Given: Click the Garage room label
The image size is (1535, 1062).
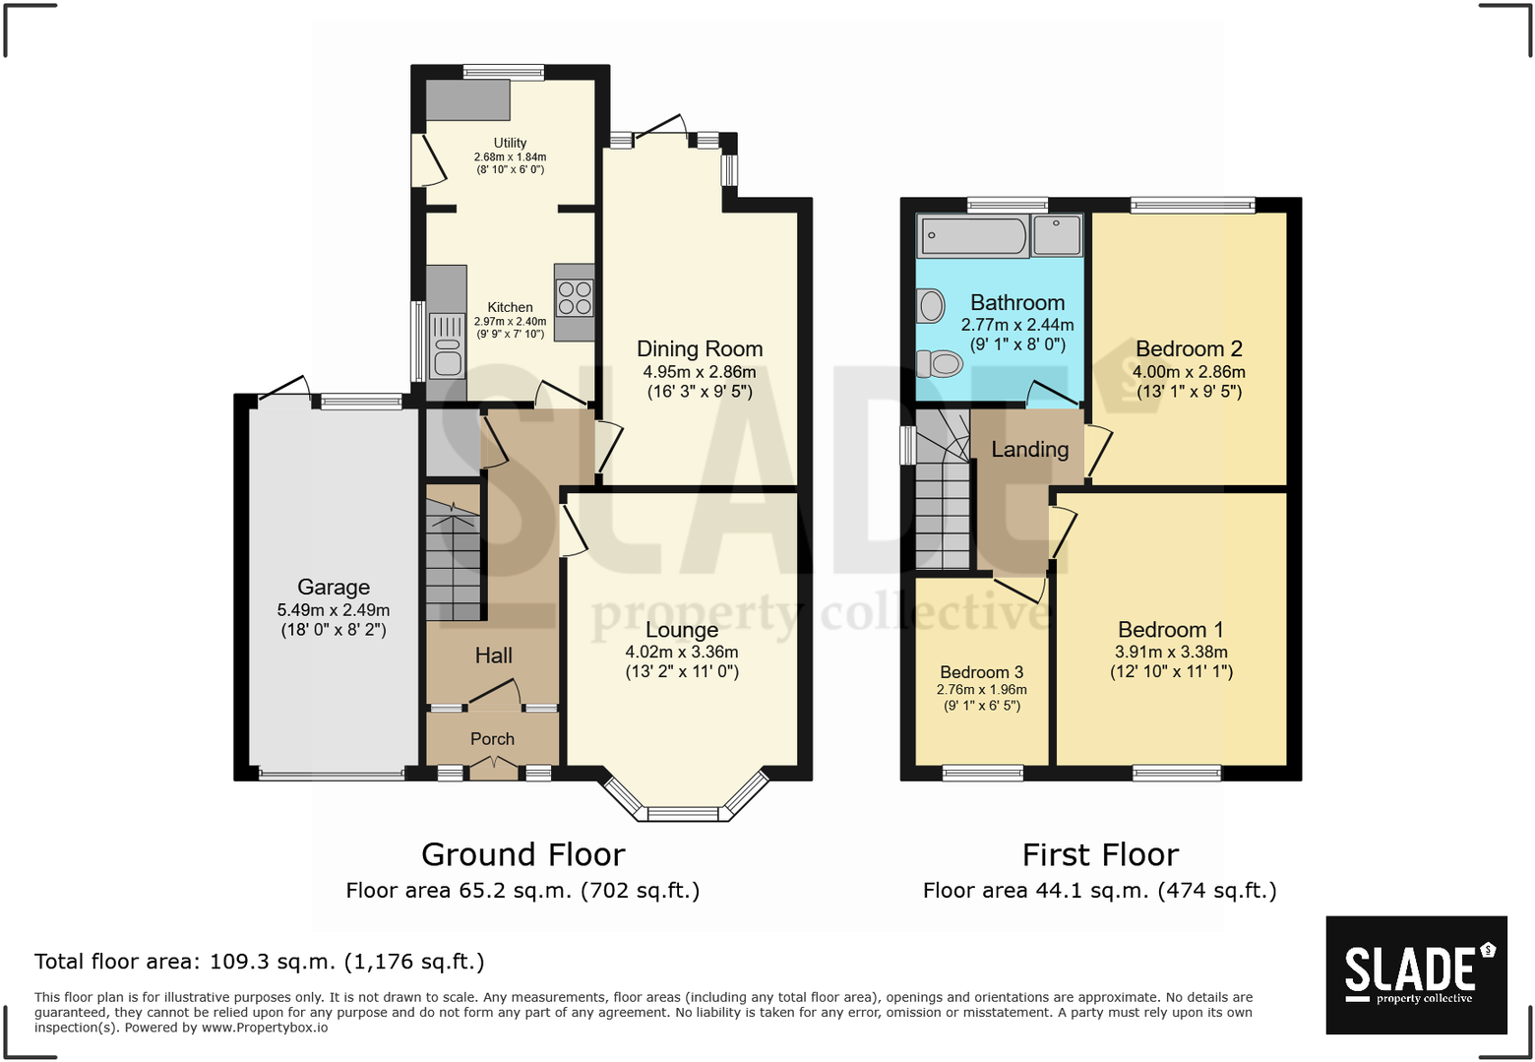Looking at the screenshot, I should coord(334,588).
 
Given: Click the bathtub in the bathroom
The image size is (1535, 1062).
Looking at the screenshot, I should coord(972,236).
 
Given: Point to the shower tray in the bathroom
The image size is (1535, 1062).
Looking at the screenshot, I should coord(1058,235).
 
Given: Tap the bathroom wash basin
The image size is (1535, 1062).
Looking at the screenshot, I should coord(930,306).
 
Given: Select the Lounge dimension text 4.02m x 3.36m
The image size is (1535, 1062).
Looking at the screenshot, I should coord(682,652).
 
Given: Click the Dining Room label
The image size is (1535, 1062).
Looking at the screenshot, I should coord(700,349).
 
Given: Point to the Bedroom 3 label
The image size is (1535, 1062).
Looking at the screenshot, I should coord(981,672).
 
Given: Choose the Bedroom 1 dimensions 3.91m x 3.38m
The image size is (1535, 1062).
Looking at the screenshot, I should coord(1171,652).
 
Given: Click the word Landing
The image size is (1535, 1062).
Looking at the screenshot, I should coord(1029,450).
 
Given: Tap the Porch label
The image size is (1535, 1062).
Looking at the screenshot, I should coord(492,739).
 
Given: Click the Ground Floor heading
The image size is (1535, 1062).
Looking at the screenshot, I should coord(522,854).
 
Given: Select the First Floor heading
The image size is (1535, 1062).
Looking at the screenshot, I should coord(1099,854).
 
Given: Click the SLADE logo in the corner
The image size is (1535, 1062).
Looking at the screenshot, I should coord(1416,974).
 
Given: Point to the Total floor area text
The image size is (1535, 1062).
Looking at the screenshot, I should coord(260,962).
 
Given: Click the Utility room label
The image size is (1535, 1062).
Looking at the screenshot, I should coord(510,143).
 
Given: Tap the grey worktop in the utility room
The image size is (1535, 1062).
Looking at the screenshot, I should coord(467,99).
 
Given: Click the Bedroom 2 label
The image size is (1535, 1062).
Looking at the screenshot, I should coord(1189,349).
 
